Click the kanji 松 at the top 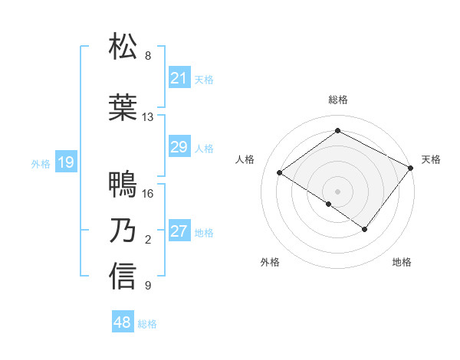[123, 47]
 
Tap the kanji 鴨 [123, 185]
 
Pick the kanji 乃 [123, 231]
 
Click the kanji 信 [123, 277]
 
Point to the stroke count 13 [147, 117]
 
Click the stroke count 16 [148, 194]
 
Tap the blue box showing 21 [179, 78]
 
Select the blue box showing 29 [179, 147]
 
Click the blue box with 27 [179, 231]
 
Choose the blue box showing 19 [66, 162]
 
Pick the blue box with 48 [123, 322]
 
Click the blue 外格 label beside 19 [41, 163]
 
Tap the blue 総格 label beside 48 [147, 324]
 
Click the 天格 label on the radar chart [431, 159]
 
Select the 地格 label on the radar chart [402, 262]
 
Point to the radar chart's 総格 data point [337, 131]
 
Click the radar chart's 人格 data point [280, 172]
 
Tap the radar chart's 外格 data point [329, 204]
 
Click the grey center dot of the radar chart [337, 191]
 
